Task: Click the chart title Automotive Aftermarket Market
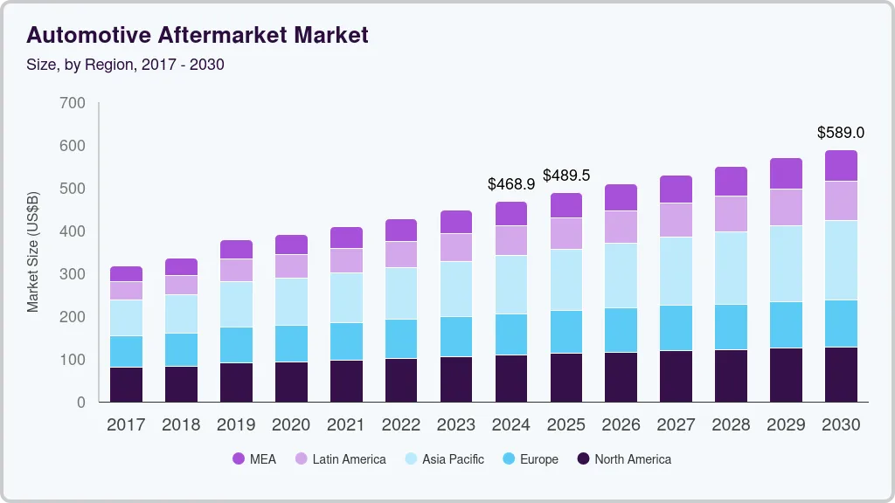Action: coord(198,35)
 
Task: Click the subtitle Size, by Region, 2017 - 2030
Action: coord(126,65)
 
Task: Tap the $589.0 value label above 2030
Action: coord(840,133)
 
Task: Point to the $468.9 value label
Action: coord(510,184)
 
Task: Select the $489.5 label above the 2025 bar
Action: coord(565,176)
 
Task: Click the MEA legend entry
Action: coord(253,458)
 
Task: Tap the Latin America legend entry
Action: coord(339,458)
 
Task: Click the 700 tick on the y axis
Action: coord(73,103)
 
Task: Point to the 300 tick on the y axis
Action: coord(73,274)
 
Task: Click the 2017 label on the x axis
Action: coord(126,425)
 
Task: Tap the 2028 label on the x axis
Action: coord(731,425)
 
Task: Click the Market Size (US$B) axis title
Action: coord(33,253)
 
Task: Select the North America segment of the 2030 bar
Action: coord(841,375)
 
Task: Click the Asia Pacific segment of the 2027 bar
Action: coord(676,271)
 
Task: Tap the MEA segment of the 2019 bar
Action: coord(236,250)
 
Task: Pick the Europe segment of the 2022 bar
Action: coord(401,339)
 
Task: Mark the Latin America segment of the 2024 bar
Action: coord(510,240)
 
